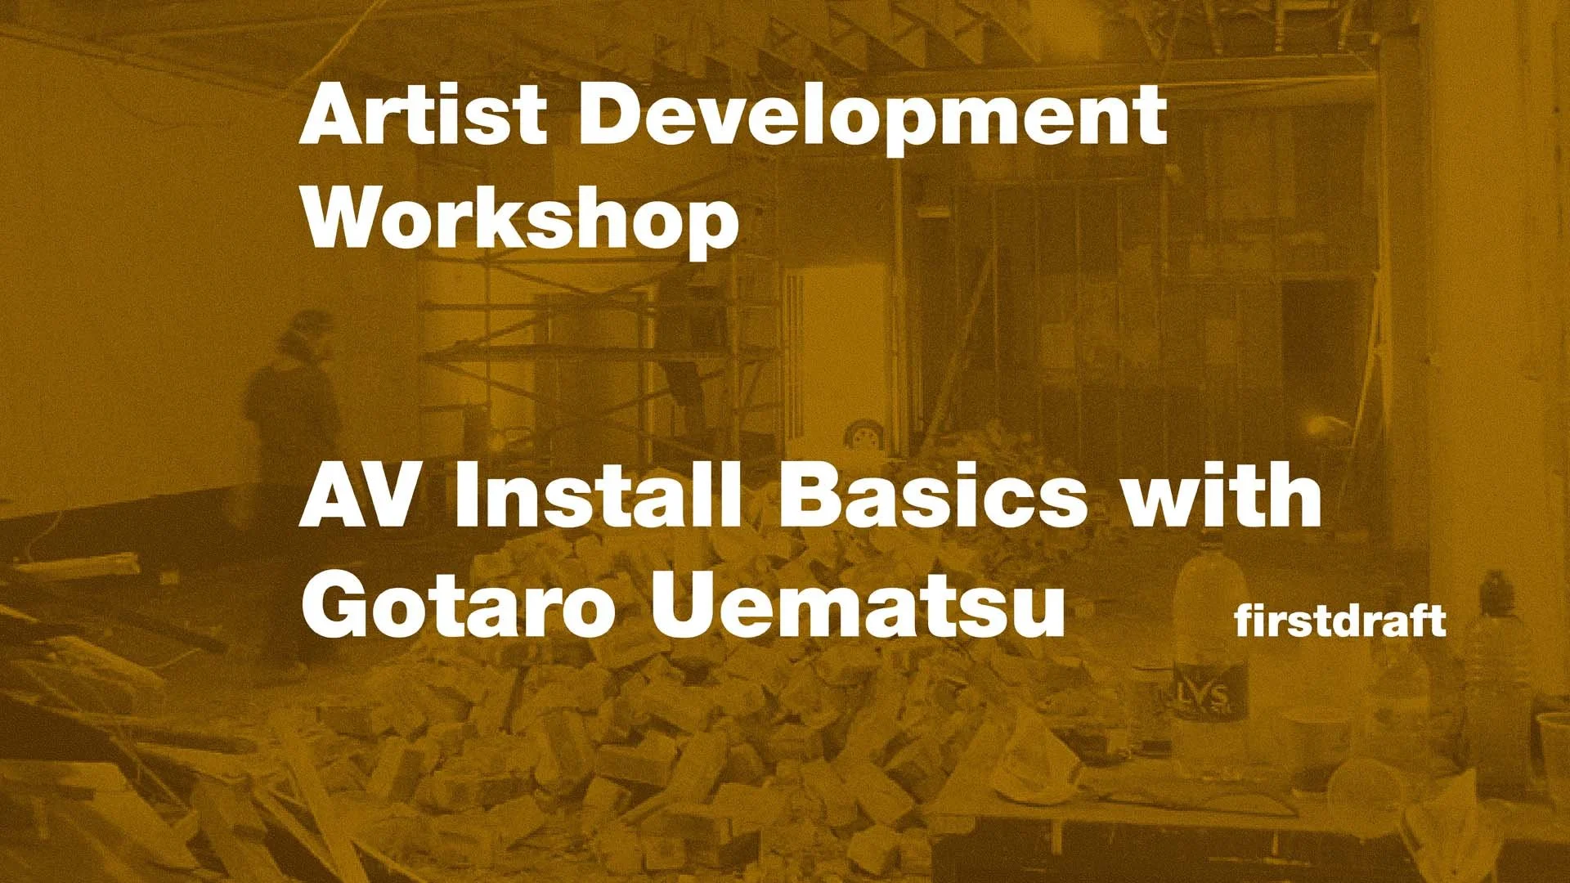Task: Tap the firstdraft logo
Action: pos(1340,621)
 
